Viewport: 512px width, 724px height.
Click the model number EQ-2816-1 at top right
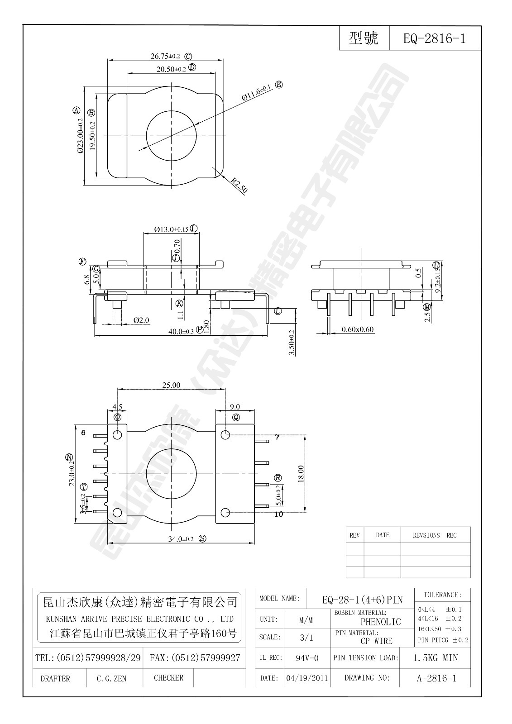pyautogui.click(x=434, y=38)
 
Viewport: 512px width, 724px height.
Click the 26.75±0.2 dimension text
pyautogui.click(x=165, y=57)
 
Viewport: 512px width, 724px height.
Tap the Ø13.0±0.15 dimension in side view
pyautogui.click(x=171, y=229)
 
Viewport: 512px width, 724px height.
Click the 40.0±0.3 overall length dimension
pyautogui.click(x=181, y=331)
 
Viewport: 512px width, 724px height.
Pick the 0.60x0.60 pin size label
pyautogui.click(x=358, y=329)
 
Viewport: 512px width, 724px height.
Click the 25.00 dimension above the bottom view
pyautogui.click(x=171, y=386)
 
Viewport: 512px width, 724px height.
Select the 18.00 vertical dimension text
pyautogui.click(x=301, y=474)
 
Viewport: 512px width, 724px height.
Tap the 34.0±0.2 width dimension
pyautogui.click(x=181, y=539)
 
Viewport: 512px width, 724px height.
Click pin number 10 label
pyautogui.click(x=278, y=514)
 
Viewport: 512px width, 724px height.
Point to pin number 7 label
pyautogui.click(x=277, y=437)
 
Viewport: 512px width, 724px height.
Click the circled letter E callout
pyautogui.click(x=279, y=85)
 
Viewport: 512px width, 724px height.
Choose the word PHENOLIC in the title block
pyautogui.click(x=381, y=622)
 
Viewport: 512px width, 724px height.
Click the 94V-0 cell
pyautogui.click(x=307, y=658)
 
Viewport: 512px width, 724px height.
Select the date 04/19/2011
pyautogui.click(x=307, y=678)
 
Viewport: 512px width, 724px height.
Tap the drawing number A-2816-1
pyautogui.click(x=435, y=678)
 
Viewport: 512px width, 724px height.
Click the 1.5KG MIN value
pyautogui.click(x=435, y=658)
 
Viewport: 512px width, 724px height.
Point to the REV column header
pyautogui.click(x=354, y=535)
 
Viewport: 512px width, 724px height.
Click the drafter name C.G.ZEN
pyautogui.click(x=111, y=678)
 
